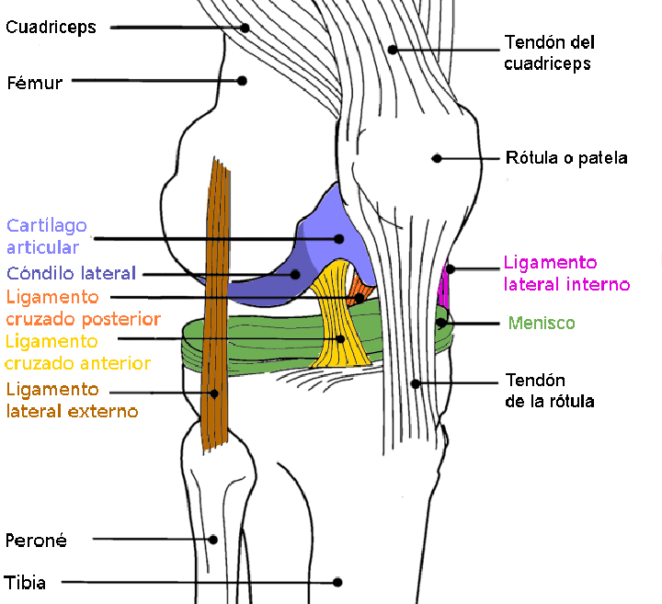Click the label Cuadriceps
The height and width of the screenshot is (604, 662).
[x=51, y=28]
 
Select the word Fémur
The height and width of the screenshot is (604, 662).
[x=35, y=83]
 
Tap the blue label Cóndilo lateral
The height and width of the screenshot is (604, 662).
[x=71, y=273]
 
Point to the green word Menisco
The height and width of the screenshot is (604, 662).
[x=542, y=323]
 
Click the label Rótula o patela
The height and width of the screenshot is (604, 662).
[x=566, y=158]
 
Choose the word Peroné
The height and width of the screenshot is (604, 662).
[x=36, y=541]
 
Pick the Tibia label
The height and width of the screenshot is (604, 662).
[x=25, y=583]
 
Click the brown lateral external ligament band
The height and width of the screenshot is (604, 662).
[x=216, y=304]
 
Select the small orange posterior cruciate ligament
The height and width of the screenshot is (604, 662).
[x=361, y=291]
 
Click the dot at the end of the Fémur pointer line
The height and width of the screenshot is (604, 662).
[x=242, y=81]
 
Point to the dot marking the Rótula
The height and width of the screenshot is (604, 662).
[x=437, y=159]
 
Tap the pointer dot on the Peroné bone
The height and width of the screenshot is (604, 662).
[x=213, y=540]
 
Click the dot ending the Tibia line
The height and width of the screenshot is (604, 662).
[x=337, y=583]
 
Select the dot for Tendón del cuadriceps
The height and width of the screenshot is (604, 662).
[x=393, y=50]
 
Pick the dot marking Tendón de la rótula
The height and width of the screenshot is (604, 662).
[x=416, y=383]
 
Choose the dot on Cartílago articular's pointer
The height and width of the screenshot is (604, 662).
[x=339, y=239]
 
